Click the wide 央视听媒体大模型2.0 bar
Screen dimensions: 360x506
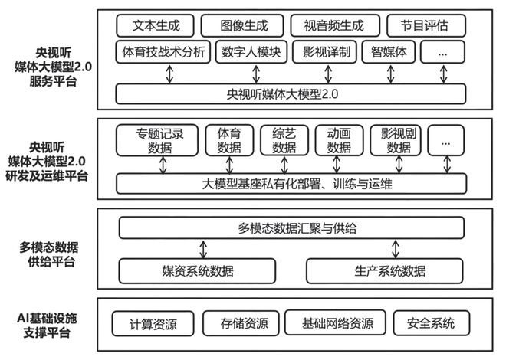291,94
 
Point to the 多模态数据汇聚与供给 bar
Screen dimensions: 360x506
291,228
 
